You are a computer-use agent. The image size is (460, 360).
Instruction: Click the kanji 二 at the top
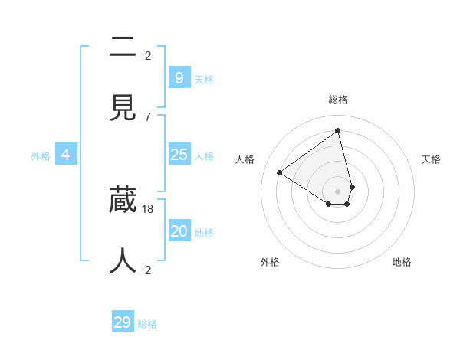[x=123, y=47]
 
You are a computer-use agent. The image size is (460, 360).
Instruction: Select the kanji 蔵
[x=123, y=200]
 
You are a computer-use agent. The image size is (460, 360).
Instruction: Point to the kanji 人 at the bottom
[x=123, y=260]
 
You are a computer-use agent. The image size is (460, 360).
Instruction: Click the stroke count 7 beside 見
[x=148, y=116]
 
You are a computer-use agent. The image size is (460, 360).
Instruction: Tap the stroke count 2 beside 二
[x=148, y=55]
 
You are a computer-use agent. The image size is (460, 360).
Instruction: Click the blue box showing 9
[x=179, y=77]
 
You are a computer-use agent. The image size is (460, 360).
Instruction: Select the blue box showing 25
[x=179, y=155]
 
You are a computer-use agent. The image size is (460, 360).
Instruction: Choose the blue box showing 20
[x=179, y=231]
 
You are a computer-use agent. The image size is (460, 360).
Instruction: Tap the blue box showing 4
[x=65, y=155]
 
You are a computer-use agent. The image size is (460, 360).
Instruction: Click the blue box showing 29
[x=122, y=322]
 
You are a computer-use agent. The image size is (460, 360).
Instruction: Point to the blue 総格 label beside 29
[x=147, y=324]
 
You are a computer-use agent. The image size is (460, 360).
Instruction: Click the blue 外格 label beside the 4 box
[x=41, y=156]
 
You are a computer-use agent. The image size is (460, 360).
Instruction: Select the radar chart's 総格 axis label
[x=338, y=100]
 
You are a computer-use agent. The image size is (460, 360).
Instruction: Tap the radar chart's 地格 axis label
[x=402, y=262]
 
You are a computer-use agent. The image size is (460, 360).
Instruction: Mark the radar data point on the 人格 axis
[x=280, y=173]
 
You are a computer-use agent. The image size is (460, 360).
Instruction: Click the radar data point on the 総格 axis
[x=338, y=130]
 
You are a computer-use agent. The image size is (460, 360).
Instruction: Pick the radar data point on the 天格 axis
[x=352, y=187]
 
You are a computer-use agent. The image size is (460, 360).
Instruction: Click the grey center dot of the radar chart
[x=338, y=191]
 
